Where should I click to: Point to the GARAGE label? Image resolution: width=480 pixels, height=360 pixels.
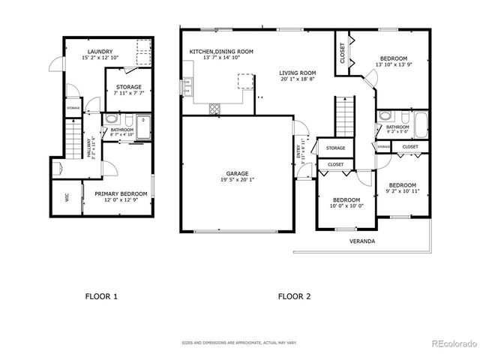[x=238, y=172]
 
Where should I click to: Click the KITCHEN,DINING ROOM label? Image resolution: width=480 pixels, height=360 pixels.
[x=220, y=52]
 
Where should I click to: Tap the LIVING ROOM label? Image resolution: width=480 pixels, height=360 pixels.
[x=298, y=73]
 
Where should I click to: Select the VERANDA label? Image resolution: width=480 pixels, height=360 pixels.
[x=362, y=241]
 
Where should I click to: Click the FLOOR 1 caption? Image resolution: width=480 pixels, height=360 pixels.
[x=101, y=296]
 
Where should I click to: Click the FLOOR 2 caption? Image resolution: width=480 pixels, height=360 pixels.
[x=294, y=296]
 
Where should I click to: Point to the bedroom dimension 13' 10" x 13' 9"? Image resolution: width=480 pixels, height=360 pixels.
[x=393, y=65]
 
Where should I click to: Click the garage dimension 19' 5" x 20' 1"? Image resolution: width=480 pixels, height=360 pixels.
[x=238, y=179]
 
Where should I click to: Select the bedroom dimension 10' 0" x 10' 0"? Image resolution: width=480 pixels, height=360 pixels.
[x=347, y=205]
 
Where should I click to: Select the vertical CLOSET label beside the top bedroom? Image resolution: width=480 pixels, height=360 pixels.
[x=343, y=53]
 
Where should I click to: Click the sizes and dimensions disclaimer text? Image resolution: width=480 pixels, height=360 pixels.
[x=239, y=343]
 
